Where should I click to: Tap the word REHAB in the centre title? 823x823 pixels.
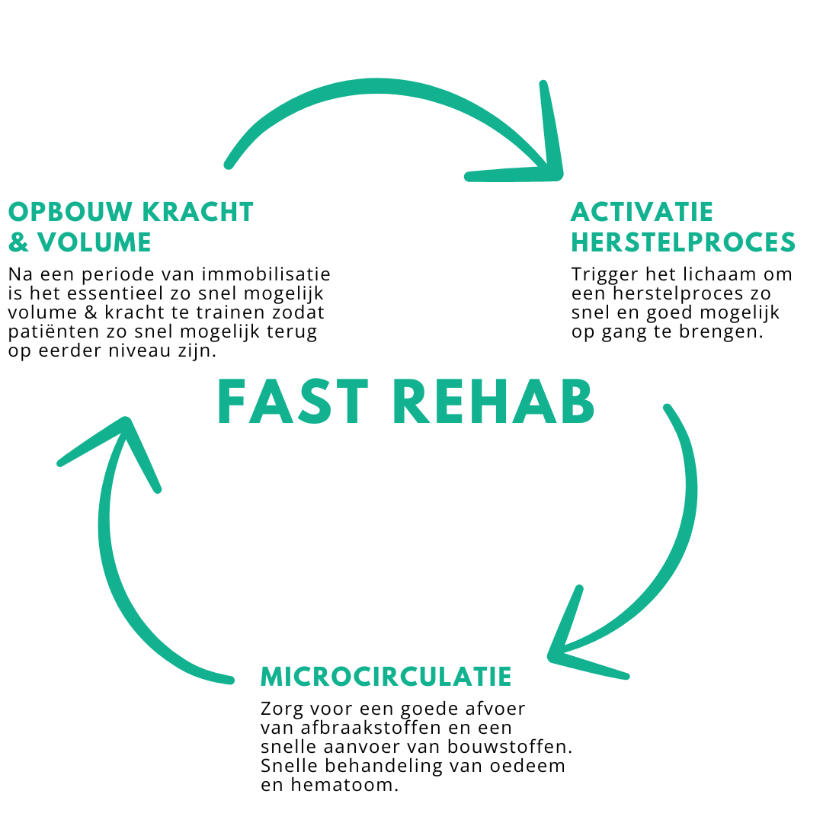[493, 402]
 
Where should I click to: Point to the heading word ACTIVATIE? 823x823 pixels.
[642, 212]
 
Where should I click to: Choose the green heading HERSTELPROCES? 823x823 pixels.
[683, 242]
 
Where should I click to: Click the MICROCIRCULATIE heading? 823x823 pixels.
[386, 676]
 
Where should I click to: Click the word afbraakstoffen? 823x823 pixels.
[370, 728]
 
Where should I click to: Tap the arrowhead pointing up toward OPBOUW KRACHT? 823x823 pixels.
[126, 431]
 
